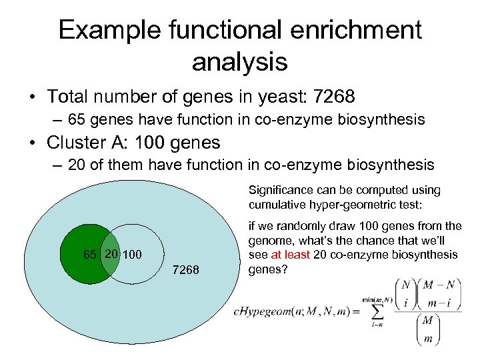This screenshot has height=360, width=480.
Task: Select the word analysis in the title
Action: pyautogui.click(x=239, y=62)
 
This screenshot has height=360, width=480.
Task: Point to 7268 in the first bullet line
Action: pyautogui.click(x=331, y=97)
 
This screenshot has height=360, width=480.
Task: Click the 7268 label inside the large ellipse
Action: pyautogui.click(x=186, y=269)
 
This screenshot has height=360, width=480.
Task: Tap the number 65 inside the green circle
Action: pyautogui.click(x=90, y=255)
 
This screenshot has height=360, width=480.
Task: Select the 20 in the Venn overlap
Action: pyautogui.click(x=111, y=254)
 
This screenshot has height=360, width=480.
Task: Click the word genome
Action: pyautogui.click(x=271, y=240)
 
